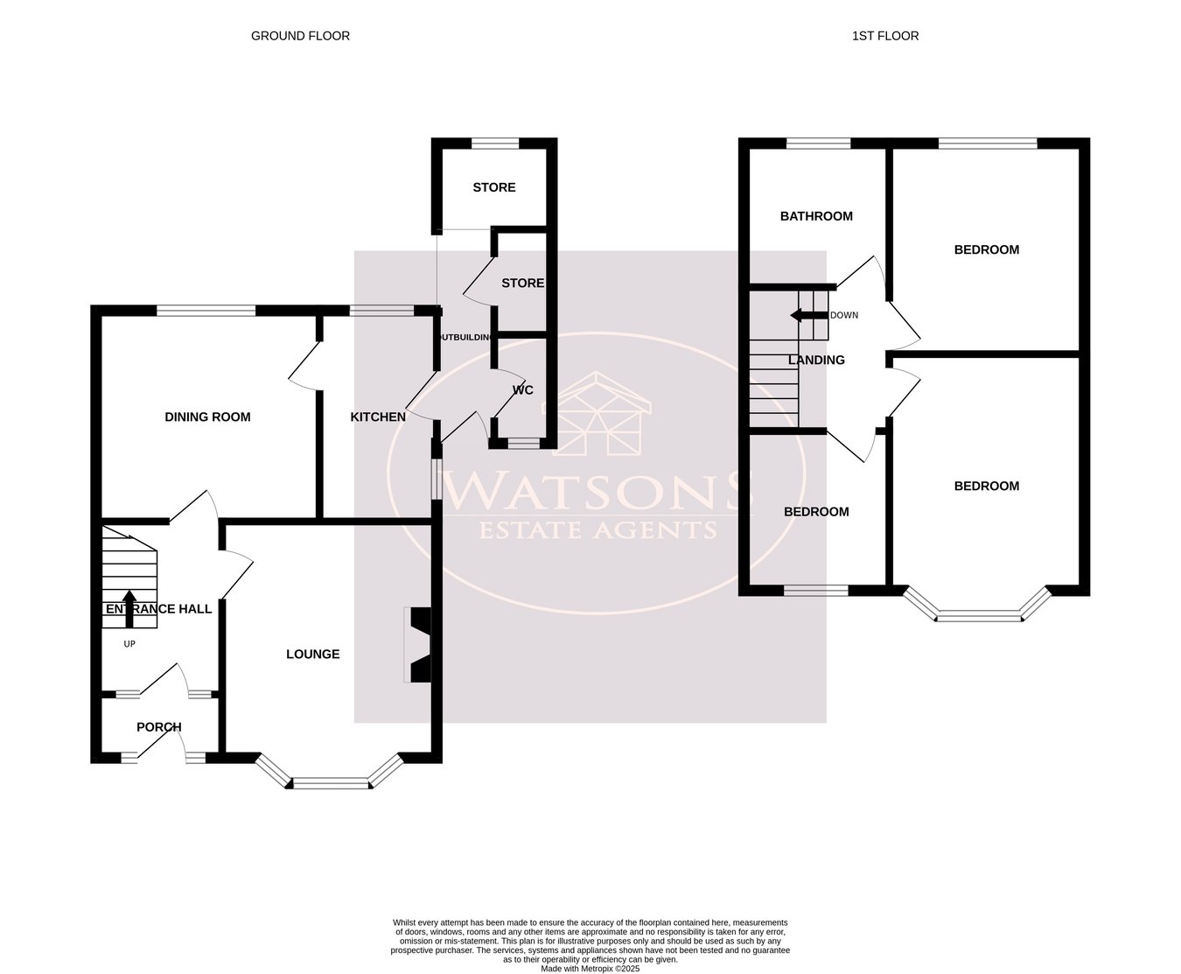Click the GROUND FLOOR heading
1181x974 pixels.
coord(300,36)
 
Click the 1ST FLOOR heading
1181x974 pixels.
coord(884,36)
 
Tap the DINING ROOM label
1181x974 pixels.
coord(207,417)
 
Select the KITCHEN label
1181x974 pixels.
coord(378,417)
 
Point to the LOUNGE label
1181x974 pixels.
coord(312,655)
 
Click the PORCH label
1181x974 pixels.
coord(159,727)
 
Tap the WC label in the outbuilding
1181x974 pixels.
coord(522,390)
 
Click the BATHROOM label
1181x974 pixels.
coord(816,216)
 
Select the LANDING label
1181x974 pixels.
coord(816,360)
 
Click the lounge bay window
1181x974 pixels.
coord(331,782)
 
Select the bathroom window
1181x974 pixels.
coord(818,144)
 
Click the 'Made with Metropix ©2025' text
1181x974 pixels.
coord(590,969)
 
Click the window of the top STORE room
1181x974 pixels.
coord(494,144)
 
